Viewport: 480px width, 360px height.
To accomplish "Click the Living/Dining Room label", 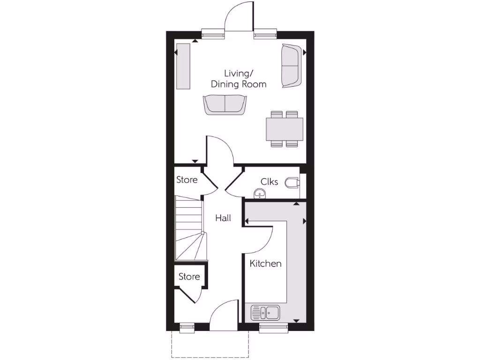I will pos(239,79).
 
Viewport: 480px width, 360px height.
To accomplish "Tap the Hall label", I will pos(223,218).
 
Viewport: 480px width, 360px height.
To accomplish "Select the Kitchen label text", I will pos(265,263).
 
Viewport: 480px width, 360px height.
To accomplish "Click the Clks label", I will pos(270,181).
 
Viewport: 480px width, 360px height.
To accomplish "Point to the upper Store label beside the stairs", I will pos(187,180).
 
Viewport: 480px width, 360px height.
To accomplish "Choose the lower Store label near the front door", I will pos(189,277).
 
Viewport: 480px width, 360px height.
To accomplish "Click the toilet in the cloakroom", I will pos(292,182).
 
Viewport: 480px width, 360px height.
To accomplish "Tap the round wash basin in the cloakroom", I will pos(259,193).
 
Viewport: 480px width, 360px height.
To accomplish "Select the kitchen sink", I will pos(265,311).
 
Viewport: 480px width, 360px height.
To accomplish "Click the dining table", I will pos(284,129).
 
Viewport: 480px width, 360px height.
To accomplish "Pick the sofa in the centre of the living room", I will pos(225,104).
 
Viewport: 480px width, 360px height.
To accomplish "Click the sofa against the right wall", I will pos(291,66).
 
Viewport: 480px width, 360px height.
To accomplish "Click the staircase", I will pos(189,228).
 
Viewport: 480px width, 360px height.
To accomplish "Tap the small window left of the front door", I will pos(187,328).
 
